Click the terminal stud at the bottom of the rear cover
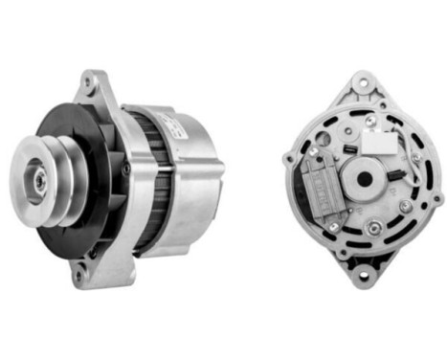374,228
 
